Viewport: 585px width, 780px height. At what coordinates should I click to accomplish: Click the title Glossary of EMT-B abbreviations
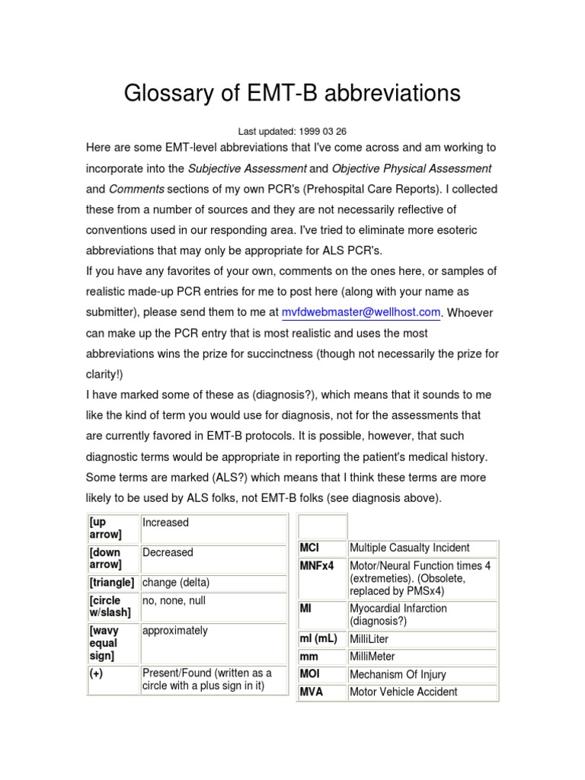pos(292,94)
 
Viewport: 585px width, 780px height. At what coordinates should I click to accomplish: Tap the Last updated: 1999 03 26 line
pos(292,132)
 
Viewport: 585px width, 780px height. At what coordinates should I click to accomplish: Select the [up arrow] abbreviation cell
pos(113,529)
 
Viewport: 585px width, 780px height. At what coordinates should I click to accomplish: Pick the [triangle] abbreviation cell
pos(111,583)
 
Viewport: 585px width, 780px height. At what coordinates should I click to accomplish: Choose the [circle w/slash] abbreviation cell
pos(113,607)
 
